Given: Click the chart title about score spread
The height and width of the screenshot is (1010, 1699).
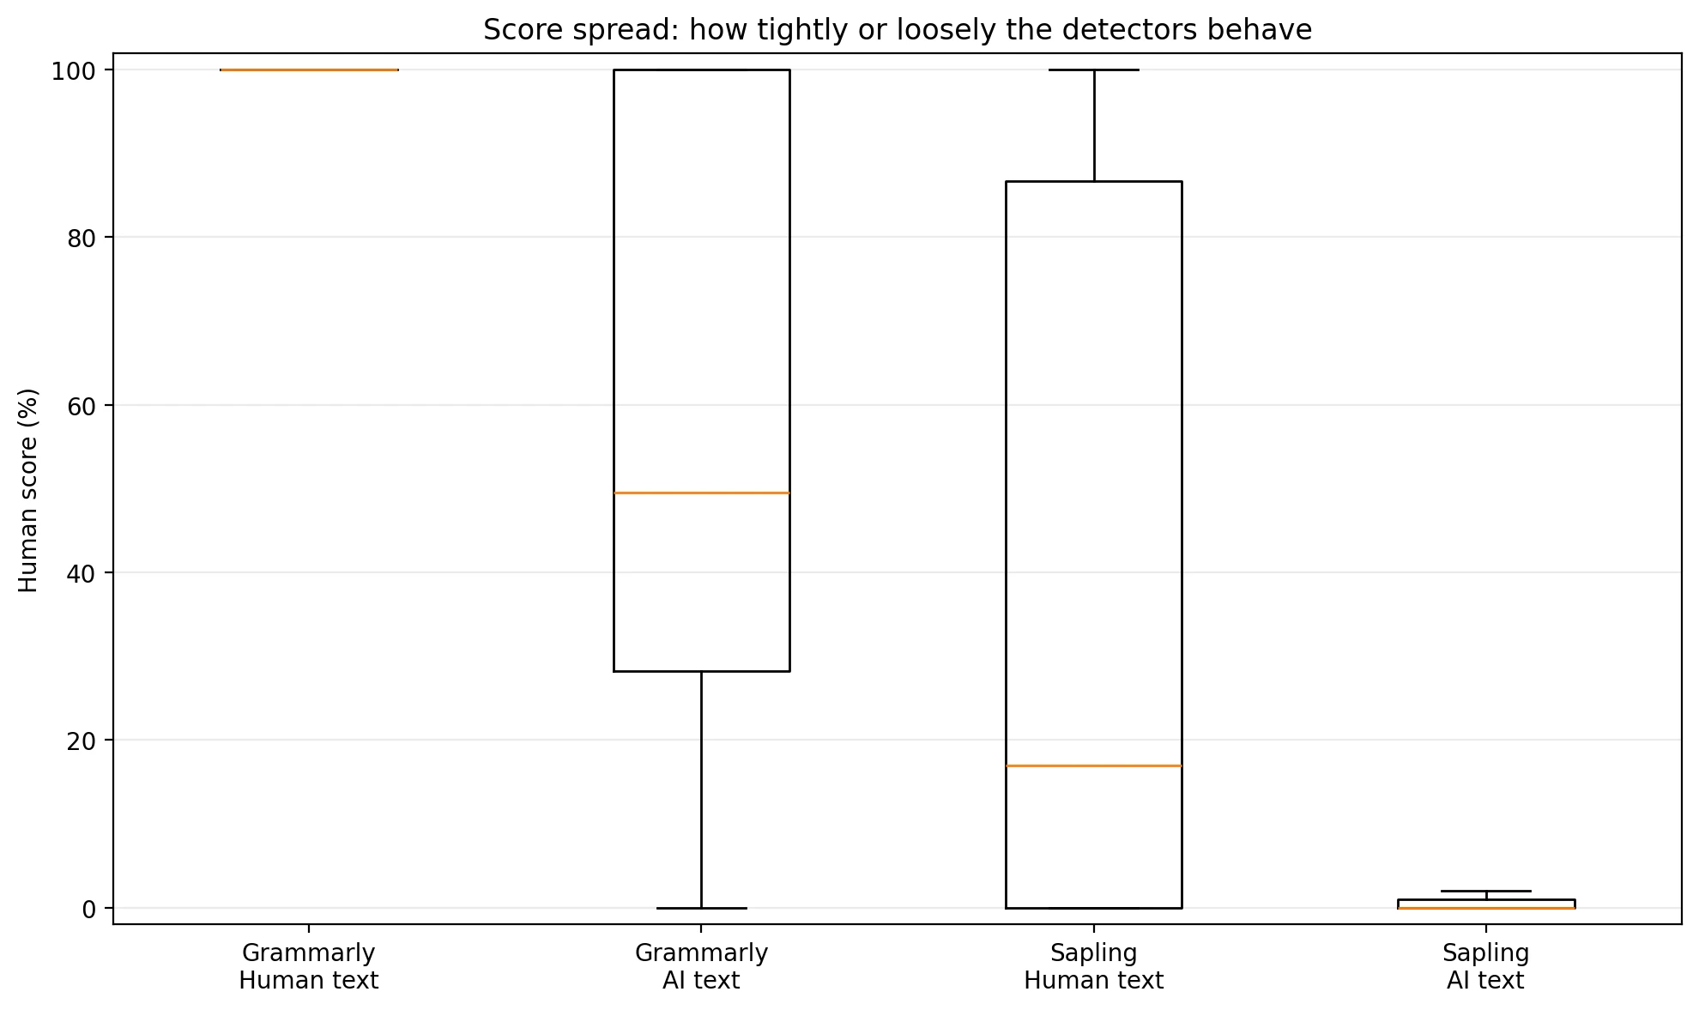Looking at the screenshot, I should point(897,30).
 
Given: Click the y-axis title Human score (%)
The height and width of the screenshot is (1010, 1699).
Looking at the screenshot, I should point(28,490).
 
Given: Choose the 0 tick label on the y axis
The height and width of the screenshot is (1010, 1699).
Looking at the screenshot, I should point(88,909).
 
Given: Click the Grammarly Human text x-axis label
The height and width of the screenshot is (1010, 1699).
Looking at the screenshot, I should point(308,966).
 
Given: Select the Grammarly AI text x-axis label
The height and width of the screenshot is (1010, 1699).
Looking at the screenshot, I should point(701,966).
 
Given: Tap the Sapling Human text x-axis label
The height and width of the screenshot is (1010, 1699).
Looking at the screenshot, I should point(1093,966).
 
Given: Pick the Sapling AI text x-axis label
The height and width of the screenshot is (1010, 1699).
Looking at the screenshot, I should point(1485,966).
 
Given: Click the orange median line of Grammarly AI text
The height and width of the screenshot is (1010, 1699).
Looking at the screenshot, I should point(701,493).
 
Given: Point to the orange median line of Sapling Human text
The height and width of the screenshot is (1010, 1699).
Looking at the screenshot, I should point(1093,765).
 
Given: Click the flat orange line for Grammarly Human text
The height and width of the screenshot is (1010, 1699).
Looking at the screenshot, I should point(309,70).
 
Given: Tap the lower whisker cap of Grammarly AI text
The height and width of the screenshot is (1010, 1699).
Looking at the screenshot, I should point(701,908).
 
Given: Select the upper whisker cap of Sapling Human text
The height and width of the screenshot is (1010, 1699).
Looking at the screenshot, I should point(1094,70).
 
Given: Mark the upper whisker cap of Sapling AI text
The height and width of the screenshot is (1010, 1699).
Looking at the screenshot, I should point(1485,891).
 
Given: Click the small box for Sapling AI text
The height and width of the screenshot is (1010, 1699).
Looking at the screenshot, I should point(1485,903).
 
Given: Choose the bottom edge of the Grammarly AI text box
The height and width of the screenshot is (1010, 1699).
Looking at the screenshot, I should point(701,671).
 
